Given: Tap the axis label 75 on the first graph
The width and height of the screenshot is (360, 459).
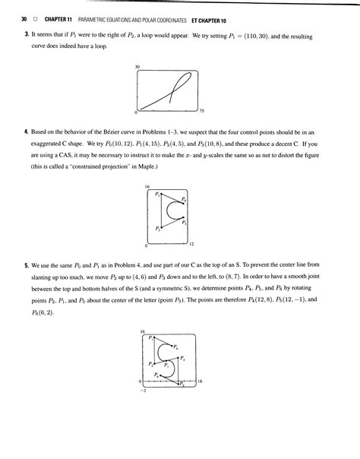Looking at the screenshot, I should pyautogui.click(x=201, y=112).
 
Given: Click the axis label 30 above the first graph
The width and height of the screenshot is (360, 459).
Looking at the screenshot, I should pyautogui.click(x=137, y=68).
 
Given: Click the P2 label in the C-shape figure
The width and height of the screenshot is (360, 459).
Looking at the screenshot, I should pyautogui.click(x=157, y=228).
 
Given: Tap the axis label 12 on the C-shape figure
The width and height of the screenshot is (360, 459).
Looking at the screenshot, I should pyautogui.click(x=191, y=244).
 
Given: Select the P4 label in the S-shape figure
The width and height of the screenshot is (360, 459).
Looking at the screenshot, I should pyautogui.click(x=182, y=358).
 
